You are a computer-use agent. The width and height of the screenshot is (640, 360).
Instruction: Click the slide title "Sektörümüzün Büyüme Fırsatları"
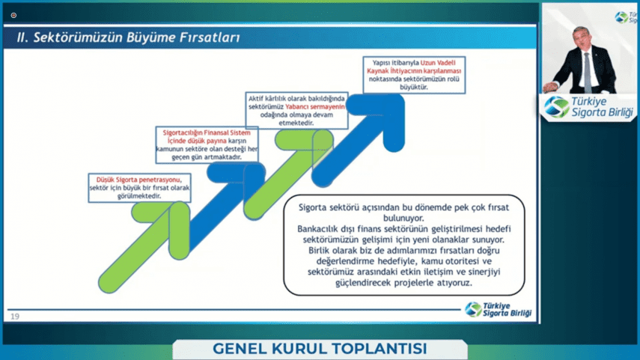136,37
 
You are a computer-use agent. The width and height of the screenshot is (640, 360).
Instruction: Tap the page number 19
15,317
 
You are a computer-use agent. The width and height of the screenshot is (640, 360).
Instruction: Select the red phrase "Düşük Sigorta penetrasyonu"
138,180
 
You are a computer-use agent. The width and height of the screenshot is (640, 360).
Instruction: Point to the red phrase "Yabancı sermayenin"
314,106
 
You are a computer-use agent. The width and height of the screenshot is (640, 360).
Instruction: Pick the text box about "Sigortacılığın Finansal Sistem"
207,145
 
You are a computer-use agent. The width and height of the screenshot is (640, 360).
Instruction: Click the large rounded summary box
404,245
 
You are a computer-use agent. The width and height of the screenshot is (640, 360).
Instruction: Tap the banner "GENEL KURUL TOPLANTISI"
320,349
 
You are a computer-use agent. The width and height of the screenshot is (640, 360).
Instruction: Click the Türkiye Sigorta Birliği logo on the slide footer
499,309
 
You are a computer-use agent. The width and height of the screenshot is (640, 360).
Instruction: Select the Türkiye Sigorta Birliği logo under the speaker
589,107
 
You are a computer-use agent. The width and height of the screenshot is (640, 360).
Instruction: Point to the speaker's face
583,38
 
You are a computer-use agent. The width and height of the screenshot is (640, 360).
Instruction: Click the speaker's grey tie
588,71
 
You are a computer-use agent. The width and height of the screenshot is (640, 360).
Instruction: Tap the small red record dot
13,16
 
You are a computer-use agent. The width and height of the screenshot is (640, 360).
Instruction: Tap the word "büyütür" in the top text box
413,87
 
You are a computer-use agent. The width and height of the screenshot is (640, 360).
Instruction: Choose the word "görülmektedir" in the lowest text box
139,196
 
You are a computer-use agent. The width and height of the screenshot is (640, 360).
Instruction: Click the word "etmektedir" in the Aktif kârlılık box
296,123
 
